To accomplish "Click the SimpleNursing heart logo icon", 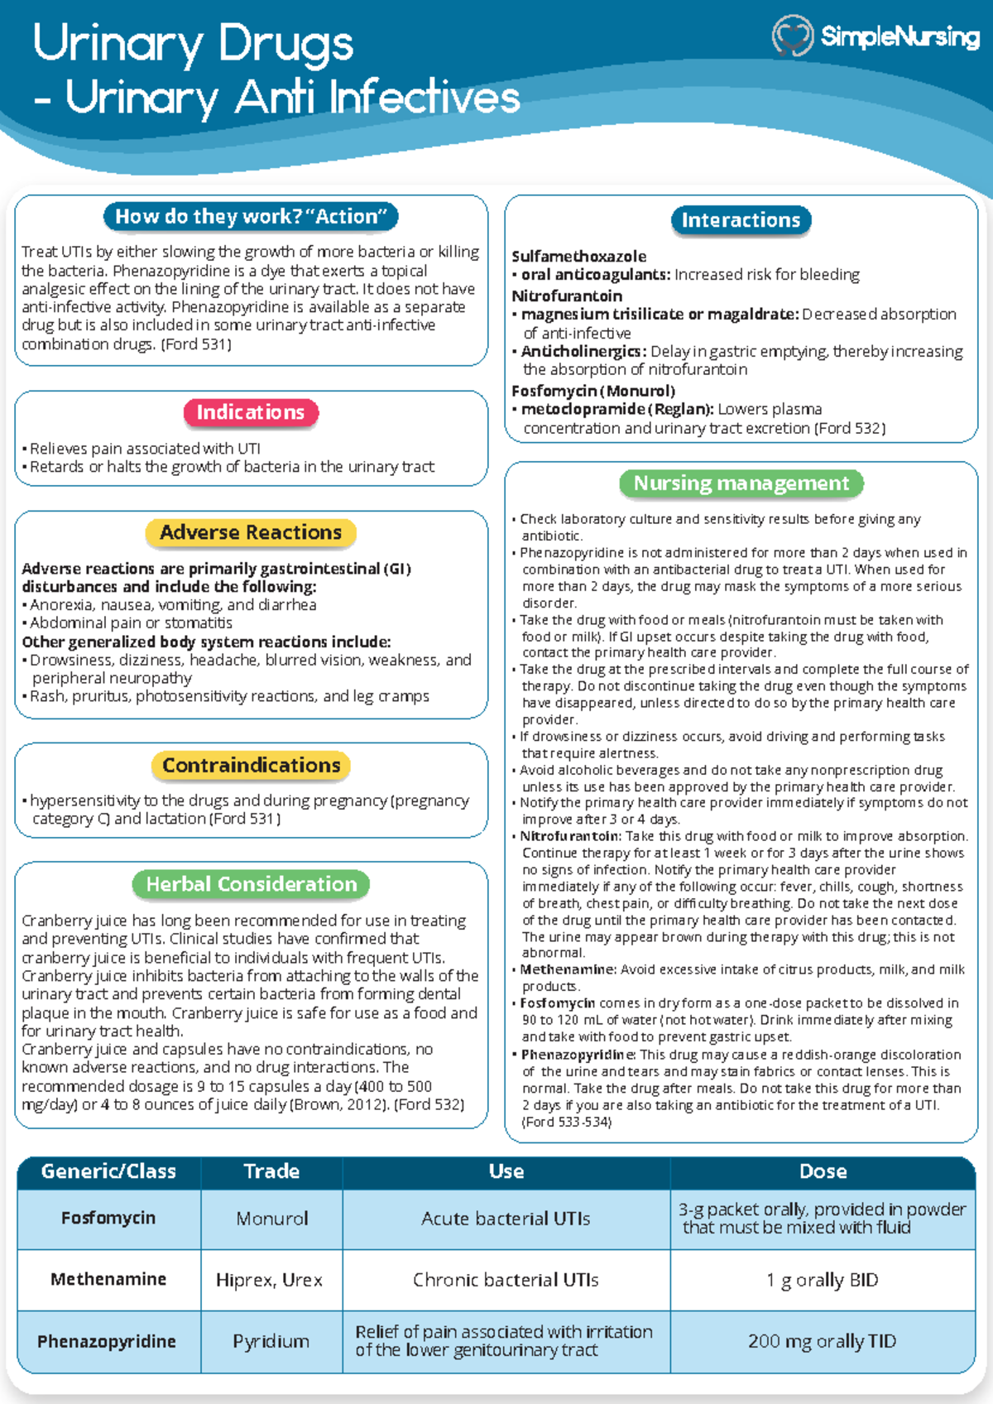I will point(793,36).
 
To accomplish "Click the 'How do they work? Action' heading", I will point(251,217).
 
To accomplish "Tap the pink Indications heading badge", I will point(251,412).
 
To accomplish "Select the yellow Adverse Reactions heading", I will point(251,532).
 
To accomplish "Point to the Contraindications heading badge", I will point(251,766).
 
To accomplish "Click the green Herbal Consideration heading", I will point(251,884).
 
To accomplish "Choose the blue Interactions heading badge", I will point(741,220).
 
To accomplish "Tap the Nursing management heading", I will point(741,483).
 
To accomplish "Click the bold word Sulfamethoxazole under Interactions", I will point(578,257).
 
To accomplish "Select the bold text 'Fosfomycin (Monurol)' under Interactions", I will point(593,391).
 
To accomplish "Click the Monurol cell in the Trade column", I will point(271,1219).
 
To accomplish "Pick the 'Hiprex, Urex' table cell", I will point(269,1280).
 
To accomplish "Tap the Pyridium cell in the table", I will point(271,1341).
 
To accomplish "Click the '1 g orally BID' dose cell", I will point(822,1280).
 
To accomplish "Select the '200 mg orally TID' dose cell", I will point(822,1341).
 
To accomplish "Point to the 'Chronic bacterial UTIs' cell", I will point(506,1280).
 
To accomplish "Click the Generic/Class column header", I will point(108,1171).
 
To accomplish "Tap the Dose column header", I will point(823,1171).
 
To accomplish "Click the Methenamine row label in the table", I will point(108,1280).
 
